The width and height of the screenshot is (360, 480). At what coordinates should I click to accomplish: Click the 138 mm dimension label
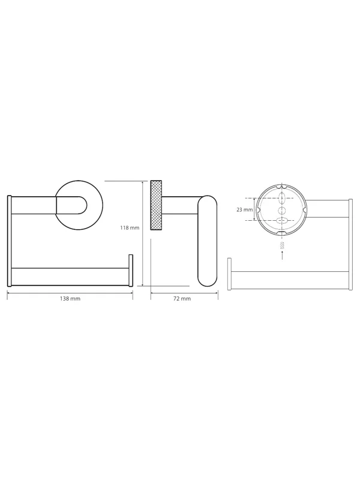[70, 298]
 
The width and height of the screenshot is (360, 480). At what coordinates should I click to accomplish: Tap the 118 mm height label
[130, 228]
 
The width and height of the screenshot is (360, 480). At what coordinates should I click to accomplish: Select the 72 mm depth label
[182, 298]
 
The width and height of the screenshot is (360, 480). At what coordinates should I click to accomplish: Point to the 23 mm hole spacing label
[245, 210]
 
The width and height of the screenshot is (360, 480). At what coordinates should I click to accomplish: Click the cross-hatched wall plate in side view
[157, 205]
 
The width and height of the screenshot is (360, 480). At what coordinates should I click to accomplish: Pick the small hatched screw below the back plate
[282, 245]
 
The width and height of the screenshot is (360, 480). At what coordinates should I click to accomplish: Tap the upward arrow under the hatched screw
[282, 256]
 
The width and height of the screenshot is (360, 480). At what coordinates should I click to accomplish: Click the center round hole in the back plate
[282, 210]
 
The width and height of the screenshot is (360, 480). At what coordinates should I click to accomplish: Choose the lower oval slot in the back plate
[282, 221]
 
